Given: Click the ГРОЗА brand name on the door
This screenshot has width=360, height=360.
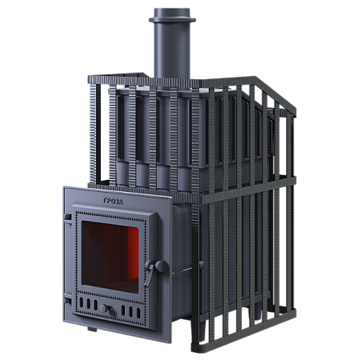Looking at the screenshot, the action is point(113,202).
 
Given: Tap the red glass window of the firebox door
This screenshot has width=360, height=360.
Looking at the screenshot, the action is point(110,257).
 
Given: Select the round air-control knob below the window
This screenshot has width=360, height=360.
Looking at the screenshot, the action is point(104,309).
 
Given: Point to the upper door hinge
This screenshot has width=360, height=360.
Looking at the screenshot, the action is point(68,217).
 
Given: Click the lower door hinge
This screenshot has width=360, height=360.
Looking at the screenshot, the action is point(68,301).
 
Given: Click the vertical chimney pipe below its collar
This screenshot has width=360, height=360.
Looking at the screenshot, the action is point(172,50).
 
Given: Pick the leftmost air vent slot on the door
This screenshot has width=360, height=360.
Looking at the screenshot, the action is point(82,302).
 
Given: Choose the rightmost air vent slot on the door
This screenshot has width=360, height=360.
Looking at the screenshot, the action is point(138,313).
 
